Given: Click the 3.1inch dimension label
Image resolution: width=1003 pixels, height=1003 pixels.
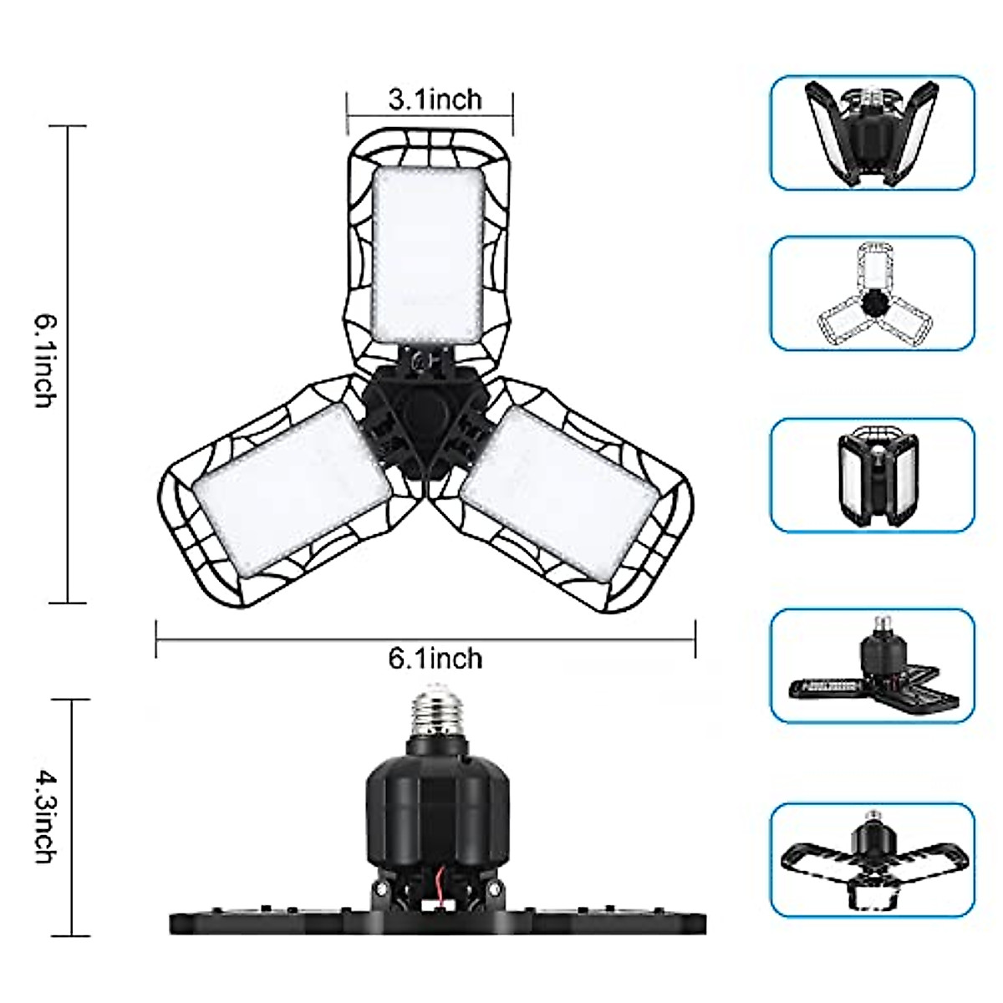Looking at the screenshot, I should point(435,100).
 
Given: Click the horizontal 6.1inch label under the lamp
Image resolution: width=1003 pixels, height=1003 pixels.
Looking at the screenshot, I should point(435,659).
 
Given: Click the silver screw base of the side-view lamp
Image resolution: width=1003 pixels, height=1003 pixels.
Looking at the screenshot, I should point(436,710).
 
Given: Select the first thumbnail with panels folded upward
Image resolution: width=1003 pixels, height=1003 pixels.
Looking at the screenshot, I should point(872,132).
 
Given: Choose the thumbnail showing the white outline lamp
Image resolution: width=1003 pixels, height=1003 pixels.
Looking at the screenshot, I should point(872,293).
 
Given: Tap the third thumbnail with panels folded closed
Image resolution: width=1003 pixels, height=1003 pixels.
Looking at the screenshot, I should point(872,475).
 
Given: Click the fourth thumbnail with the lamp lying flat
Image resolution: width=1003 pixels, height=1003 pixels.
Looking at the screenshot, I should point(872,665).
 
